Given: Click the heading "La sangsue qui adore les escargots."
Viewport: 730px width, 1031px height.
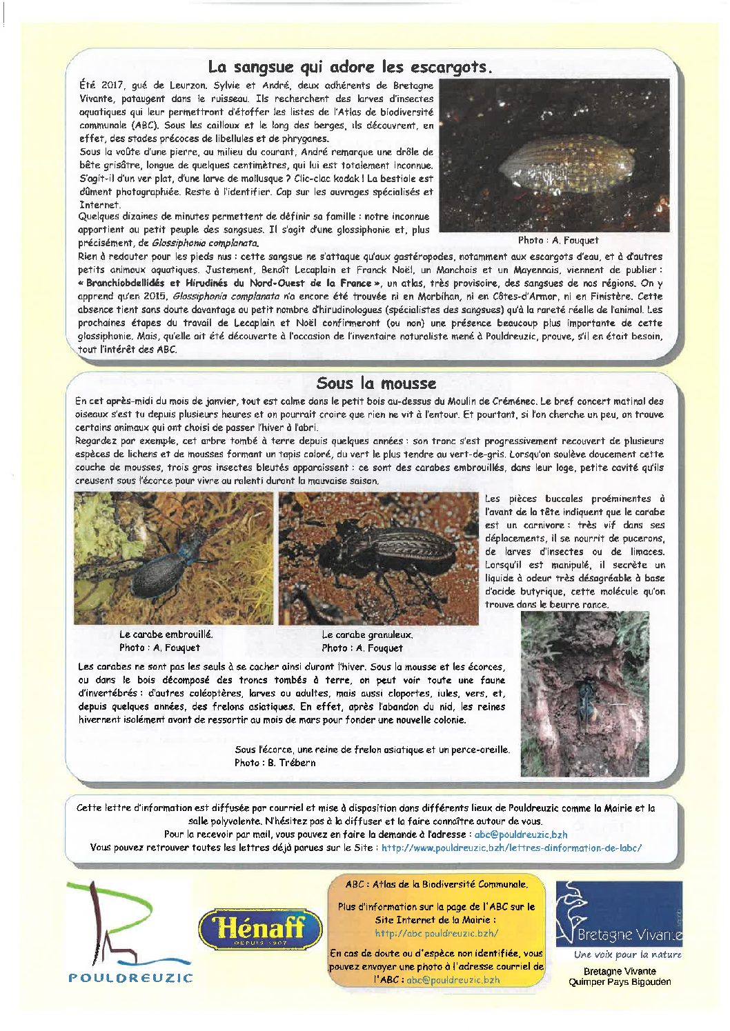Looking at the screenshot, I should tap(351, 67).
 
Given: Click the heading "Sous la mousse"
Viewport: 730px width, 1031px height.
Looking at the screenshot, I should tap(376, 383).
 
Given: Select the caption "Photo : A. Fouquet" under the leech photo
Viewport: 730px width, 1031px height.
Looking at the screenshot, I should tap(558, 240).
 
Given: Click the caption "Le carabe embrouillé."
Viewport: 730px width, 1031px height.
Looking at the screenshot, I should tap(166, 634).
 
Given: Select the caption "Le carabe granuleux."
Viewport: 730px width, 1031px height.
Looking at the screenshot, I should tap(367, 634).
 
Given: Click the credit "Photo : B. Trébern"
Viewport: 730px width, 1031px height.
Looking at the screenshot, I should tap(275, 762).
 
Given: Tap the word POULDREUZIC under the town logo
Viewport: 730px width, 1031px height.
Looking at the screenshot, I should tap(131, 977).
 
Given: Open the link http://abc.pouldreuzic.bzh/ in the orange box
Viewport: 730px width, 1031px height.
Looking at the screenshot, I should tap(436, 933).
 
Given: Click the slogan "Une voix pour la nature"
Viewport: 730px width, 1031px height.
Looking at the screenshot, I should tap(627, 954).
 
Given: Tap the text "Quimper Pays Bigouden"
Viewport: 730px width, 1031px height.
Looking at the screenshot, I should tap(619, 981).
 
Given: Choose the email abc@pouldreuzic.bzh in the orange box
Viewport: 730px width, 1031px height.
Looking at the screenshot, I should tap(453, 979).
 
